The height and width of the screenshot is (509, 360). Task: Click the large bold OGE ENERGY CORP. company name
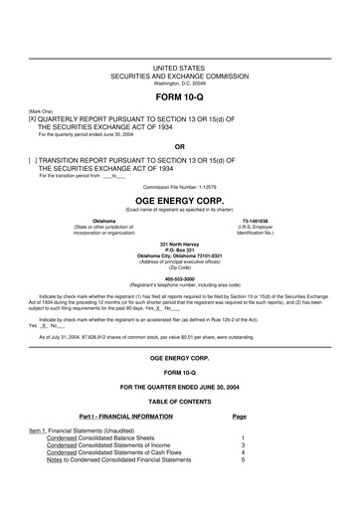point(179,199)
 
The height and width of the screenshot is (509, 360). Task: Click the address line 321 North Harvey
point(179,242)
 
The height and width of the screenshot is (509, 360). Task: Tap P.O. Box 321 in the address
point(179,249)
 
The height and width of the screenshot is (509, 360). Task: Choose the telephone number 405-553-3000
point(179,279)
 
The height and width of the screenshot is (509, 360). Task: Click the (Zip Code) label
point(179,268)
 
